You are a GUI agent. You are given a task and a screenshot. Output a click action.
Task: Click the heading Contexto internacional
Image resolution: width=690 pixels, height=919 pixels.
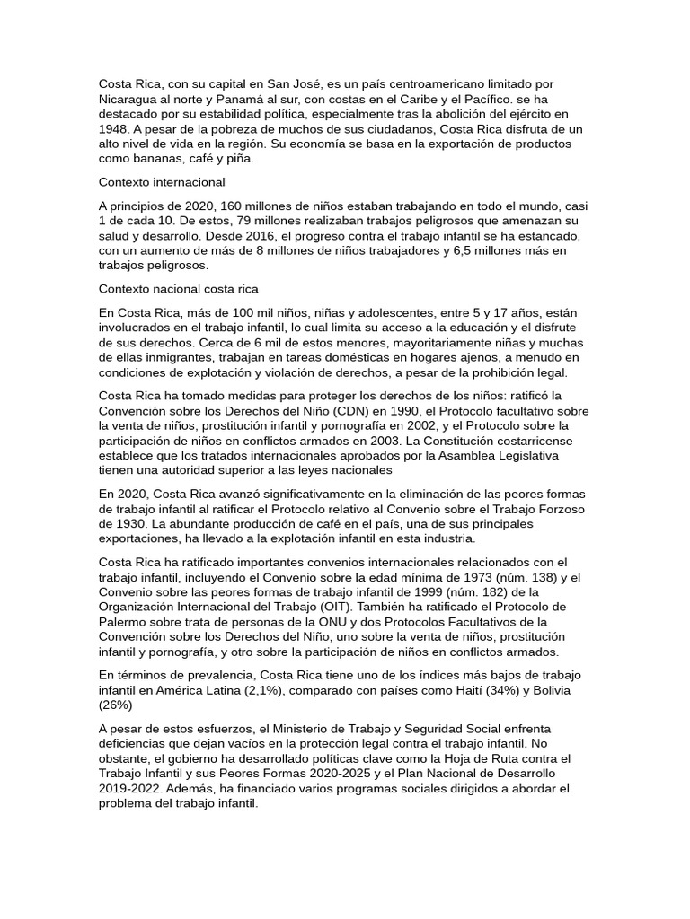[161, 181]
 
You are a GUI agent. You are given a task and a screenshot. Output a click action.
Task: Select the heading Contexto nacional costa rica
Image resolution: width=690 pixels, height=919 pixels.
[179, 289]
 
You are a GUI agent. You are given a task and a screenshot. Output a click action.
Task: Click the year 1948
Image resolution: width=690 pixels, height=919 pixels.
[116, 129]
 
